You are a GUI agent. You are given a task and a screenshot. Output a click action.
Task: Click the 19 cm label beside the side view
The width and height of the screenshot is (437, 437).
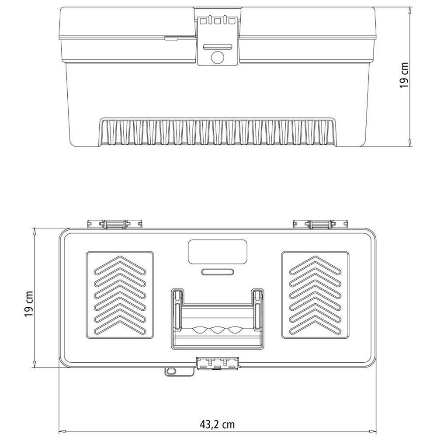(x=404, y=75)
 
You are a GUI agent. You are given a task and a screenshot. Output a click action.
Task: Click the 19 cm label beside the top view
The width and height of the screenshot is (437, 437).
(x=29, y=304)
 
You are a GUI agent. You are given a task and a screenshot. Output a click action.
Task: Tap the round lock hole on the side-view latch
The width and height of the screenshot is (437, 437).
(x=218, y=58)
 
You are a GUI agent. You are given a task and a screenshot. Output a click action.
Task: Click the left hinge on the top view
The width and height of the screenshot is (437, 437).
(x=114, y=224)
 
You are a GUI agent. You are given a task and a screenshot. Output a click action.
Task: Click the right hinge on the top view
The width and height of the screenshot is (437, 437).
(x=321, y=224)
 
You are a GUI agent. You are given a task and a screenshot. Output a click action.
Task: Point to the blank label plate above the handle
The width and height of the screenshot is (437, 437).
(x=218, y=252)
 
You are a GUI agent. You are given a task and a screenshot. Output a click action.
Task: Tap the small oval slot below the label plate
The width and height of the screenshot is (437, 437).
(x=218, y=272)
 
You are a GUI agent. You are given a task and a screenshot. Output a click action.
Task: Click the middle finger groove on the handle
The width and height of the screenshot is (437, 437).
(x=218, y=329)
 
